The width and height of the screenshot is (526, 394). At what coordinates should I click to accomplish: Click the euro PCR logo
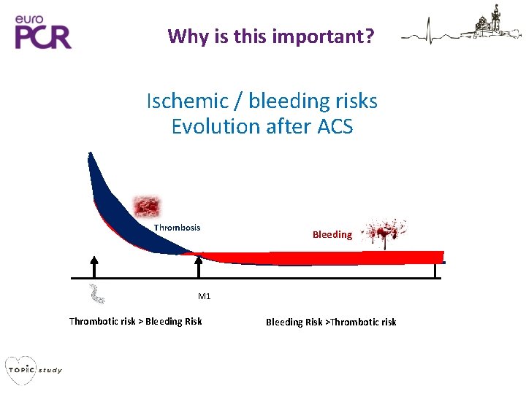click(43, 30)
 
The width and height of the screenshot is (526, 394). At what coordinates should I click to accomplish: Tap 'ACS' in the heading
click(335, 126)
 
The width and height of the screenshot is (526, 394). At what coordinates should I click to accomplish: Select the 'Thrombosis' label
click(177, 228)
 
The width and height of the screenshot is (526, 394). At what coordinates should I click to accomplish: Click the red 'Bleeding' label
click(332, 234)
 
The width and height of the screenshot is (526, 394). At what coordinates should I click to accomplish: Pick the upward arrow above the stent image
click(94, 266)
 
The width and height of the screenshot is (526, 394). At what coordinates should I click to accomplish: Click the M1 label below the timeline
click(204, 296)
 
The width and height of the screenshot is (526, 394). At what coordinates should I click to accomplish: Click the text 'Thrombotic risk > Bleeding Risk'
click(135, 321)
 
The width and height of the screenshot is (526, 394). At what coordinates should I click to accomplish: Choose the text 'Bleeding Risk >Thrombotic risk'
click(331, 322)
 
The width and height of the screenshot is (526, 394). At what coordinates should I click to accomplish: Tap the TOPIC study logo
click(33, 369)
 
